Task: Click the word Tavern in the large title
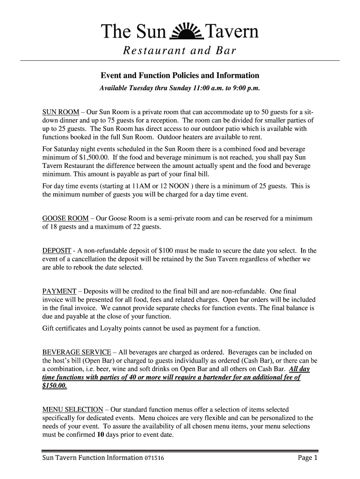pyautogui.click(x=232, y=32)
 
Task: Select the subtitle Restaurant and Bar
pyautogui.click(x=180, y=51)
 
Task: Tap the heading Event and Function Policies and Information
pyautogui.click(x=180, y=75)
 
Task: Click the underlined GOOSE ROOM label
pyautogui.click(x=65, y=218)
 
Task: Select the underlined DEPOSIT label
pyautogui.click(x=57, y=250)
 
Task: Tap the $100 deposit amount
pyautogui.click(x=167, y=250)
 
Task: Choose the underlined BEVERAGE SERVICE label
pyautogui.click(x=77, y=352)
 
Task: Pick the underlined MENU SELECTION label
pyautogui.click(x=72, y=409)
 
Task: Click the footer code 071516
pyautogui.click(x=153, y=458)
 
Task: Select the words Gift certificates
pyautogui.click(x=65, y=328)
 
